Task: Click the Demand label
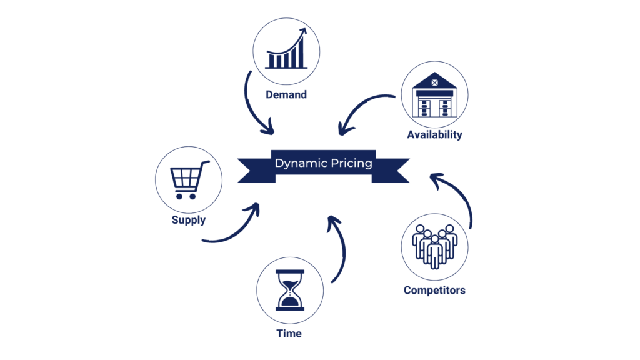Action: (286, 95)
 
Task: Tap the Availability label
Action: (434, 134)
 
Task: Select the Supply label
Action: (188, 220)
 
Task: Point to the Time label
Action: (289, 334)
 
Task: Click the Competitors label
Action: (434, 290)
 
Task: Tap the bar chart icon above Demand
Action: (286, 50)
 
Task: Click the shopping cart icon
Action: (188, 180)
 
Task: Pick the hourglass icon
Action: (290, 290)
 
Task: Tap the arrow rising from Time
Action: (341, 250)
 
